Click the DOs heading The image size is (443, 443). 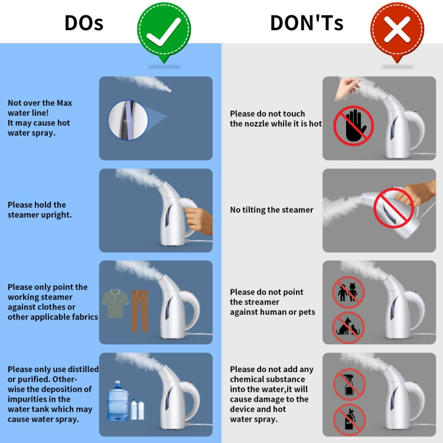84,22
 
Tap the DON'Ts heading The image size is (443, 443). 307,22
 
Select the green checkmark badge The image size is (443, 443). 164,31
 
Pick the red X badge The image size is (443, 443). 397,31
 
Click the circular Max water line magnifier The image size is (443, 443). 128,120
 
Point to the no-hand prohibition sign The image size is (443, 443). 353,126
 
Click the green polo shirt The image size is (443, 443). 115,303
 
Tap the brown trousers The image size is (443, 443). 139,311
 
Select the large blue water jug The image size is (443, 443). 118,400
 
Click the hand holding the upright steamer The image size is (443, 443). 199,221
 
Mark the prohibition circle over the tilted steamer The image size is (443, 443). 394,208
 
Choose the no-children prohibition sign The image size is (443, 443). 348,292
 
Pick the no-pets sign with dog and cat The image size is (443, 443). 348,328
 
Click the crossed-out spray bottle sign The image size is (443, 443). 350,385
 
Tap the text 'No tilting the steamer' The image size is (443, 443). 272,210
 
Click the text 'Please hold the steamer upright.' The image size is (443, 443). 40,210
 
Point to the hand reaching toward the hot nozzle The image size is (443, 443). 347,88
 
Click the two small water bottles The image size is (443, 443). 138,409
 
